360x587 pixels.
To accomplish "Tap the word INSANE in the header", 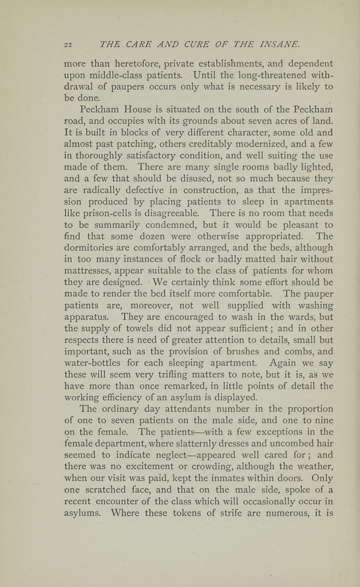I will click(x=274, y=44).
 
